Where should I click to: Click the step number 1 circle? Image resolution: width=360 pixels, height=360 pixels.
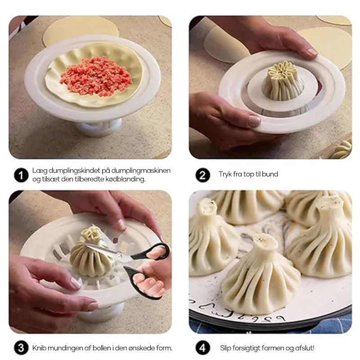(x=21, y=175)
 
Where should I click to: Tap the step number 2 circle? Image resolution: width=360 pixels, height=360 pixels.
(x=203, y=175)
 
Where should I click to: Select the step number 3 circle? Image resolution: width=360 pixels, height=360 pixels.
(x=21, y=348)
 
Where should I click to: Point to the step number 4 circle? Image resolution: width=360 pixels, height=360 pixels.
(x=203, y=348)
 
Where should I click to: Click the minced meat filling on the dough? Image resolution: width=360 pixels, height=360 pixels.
(x=96, y=76)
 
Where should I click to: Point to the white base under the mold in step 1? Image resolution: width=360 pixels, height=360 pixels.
(x=99, y=127)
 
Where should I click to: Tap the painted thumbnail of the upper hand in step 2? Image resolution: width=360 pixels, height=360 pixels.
(x=312, y=52)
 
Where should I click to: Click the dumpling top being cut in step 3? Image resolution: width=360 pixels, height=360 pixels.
(x=91, y=234)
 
